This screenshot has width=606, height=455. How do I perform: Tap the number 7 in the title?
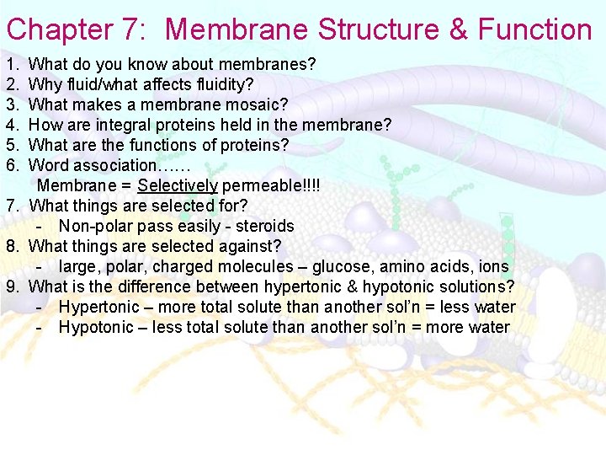[136, 30]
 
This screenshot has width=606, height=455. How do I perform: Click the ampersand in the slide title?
[458, 30]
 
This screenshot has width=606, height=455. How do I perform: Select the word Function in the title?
[535, 30]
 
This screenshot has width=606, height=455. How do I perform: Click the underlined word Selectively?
[178, 185]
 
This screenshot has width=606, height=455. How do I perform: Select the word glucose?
[339, 266]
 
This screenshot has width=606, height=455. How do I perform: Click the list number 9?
[12, 286]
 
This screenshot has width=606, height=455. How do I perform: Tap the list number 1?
[11, 64]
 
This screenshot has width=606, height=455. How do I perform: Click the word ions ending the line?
[492, 266]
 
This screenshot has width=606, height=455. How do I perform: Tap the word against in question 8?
[248, 246]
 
